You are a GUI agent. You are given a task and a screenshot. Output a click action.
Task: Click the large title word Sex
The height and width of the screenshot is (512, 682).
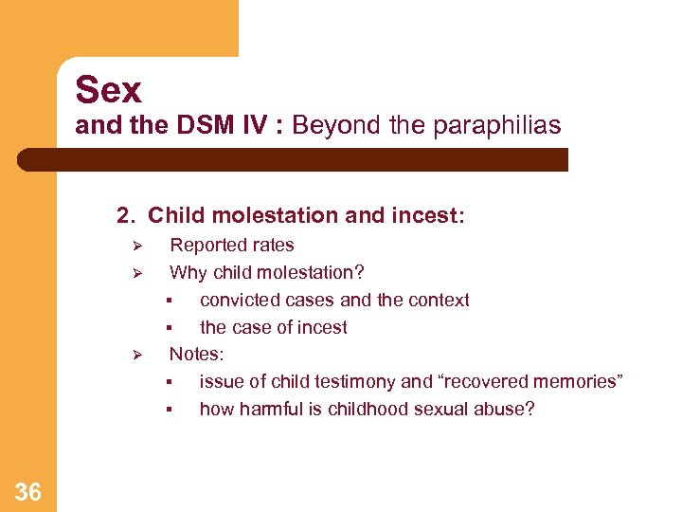click(x=108, y=90)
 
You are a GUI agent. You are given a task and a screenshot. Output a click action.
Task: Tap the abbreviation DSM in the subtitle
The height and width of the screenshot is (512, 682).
click(x=206, y=125)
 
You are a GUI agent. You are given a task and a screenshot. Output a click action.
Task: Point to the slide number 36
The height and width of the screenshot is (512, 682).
click(x=27, y=491)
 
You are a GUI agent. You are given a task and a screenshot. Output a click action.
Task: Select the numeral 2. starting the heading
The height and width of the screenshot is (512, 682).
click(x=127, y=216)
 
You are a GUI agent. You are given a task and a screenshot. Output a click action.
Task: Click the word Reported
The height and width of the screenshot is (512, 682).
click(x=206, y=246)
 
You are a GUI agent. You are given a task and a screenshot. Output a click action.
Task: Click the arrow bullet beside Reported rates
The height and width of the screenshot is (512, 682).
click(x=136, y=247)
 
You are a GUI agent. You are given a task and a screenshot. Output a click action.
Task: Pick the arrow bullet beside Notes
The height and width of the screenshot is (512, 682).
click(x=136, y=356)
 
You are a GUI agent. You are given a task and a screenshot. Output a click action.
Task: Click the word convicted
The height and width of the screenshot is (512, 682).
click(x=237, y=301)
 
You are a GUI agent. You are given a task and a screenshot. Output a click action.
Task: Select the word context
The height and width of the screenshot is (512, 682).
click(x=439, y=301)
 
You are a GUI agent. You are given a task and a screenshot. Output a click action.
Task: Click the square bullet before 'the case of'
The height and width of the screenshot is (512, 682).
click(x=168, y=328)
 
